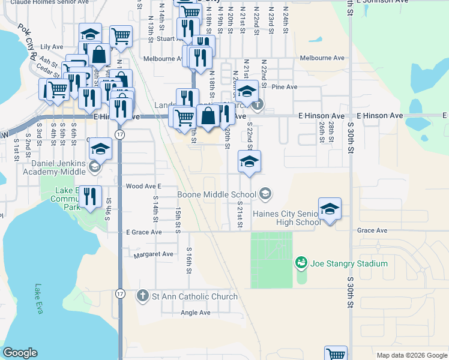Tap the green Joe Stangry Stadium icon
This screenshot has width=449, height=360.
[301, 263]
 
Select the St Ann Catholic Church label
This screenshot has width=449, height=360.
[194, 296]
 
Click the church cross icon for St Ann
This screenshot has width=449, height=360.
[143, 296]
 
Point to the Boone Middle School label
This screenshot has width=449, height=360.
[217, 194]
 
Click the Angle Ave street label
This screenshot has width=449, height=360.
[196, 313]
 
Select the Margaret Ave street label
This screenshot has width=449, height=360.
[153, 254]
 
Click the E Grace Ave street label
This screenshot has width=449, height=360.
[143, 232]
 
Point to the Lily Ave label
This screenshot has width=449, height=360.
[52, 46]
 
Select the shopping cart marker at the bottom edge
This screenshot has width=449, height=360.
[336, 354]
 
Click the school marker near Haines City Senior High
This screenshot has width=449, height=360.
[330, 209]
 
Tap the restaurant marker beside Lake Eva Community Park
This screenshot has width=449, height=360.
[90, 196]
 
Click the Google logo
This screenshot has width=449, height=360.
[20, 353]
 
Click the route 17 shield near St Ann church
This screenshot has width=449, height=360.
[120, 294]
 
